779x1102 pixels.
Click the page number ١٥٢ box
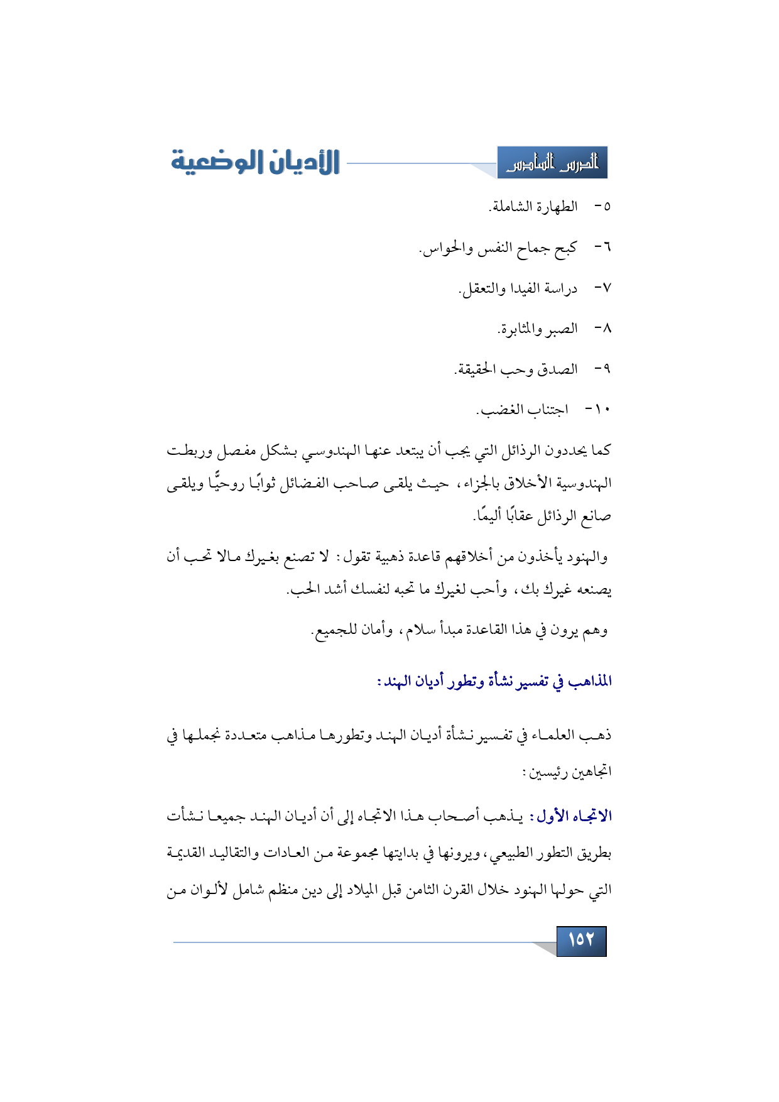(x=581, y=940)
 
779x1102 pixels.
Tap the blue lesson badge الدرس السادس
(x=552, y=163)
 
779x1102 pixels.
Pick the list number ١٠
(x=601, y=410)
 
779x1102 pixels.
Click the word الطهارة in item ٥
(x=556, y=207)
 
